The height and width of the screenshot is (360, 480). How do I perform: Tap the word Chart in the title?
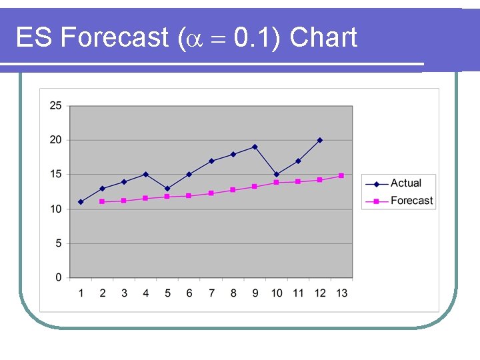[x=324, y=38]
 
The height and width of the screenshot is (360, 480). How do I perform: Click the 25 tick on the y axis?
[x=56, y=105]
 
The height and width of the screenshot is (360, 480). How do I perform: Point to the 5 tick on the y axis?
[x=59, y=243]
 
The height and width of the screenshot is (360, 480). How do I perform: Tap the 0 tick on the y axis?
[x=59, y=277]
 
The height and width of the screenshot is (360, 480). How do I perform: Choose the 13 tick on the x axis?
[x=341, y=293]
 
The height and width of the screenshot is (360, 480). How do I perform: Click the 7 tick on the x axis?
[x=211, y=293]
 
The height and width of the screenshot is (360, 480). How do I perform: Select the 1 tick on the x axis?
[x=81, y=293]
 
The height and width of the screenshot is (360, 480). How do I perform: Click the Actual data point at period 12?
[x=320, y=140]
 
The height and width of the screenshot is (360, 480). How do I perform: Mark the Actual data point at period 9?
[x=255, y=147]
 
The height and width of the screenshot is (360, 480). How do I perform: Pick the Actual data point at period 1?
[x=81, y=202]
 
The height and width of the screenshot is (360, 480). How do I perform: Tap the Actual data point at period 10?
[x=277, y=175]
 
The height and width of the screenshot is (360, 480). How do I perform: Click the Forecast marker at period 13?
[x=341, y=175]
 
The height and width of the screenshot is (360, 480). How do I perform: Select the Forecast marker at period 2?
[x=102, y=201]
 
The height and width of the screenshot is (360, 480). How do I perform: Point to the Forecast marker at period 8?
[x=233, y=190]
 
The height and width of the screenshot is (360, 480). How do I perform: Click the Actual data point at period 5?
[x=167, y=188]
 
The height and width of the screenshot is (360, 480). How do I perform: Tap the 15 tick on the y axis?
[x=56, y=175]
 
